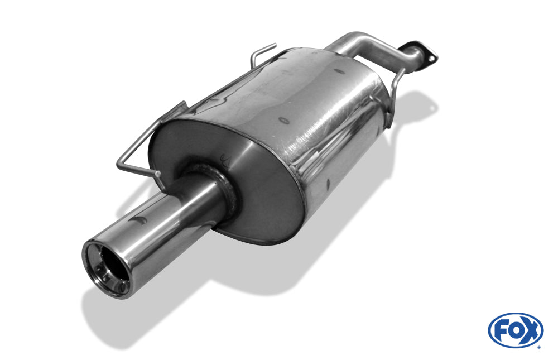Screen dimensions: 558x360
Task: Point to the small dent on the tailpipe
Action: (x=139, y=220)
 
